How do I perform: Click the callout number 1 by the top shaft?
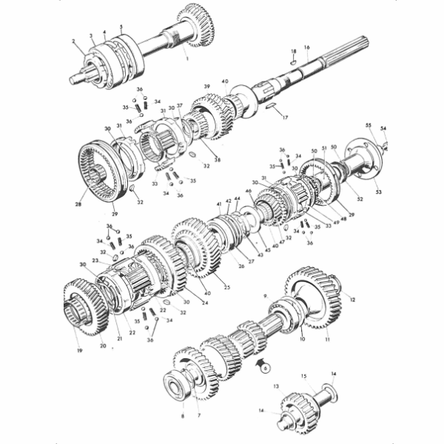coord(187,58)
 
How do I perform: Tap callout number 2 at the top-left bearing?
coord(74,42)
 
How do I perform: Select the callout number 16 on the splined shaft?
coord(306,47)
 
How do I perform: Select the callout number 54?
coord(383,128)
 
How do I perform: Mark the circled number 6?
coord(266,367)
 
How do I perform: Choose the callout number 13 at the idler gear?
coord(275,386)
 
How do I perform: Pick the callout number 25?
coord(226,287)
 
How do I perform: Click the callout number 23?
coord(95,260)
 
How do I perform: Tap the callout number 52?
coord(360,199)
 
